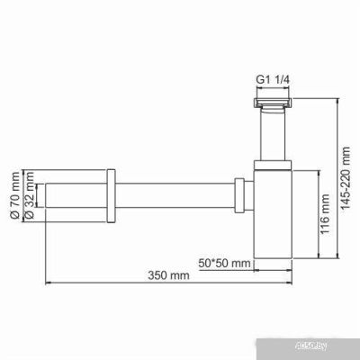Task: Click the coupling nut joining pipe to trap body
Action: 240,196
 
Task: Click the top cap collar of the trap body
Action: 272,166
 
